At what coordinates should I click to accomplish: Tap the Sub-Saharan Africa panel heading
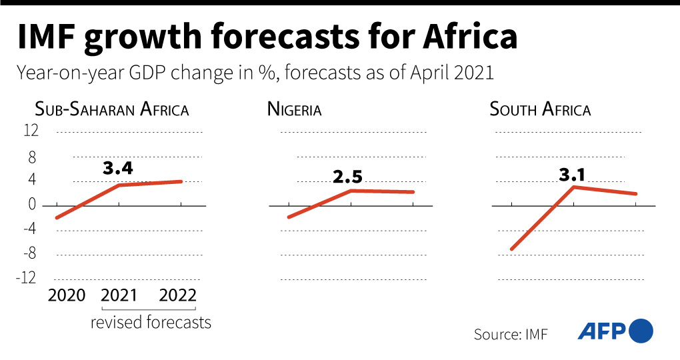point(112,109)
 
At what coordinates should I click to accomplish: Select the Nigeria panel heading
point(294,109)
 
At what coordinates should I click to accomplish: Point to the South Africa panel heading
point(540,109)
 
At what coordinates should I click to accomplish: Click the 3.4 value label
point(118,168)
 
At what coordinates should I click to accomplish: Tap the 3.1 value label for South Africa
point(572,175)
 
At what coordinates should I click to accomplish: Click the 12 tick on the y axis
point(31,131)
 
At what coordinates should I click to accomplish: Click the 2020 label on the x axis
point(67,295)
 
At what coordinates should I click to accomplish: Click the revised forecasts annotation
point(151,323)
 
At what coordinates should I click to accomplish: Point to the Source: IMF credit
point(510,334)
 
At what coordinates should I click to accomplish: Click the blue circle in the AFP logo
point(641,331)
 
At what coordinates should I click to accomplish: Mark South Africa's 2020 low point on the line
point(511,249)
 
